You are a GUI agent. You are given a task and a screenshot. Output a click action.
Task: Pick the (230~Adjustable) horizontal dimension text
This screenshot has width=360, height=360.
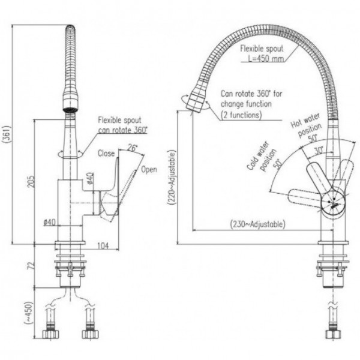(x=259, y=224)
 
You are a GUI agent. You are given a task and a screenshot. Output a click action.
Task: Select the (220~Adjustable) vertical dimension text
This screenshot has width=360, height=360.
(x=173, y=178)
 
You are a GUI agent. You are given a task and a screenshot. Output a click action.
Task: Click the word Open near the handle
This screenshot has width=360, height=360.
(x=149, y=170)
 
